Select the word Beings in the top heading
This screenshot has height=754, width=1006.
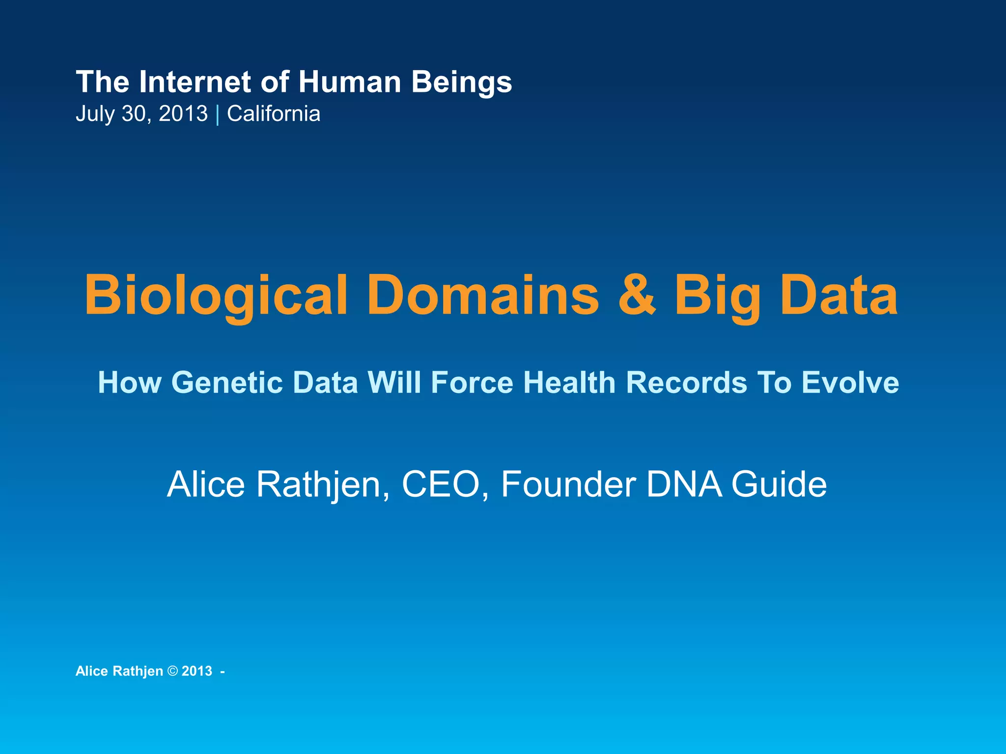click(462, 82)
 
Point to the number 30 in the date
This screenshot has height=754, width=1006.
click(134, 114)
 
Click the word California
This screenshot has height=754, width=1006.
click(274, 114)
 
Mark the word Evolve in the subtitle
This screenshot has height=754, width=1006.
click(850, 382)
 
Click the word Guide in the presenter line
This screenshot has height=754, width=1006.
click(779, 485)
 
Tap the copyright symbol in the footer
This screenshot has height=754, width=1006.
click(172, 671)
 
